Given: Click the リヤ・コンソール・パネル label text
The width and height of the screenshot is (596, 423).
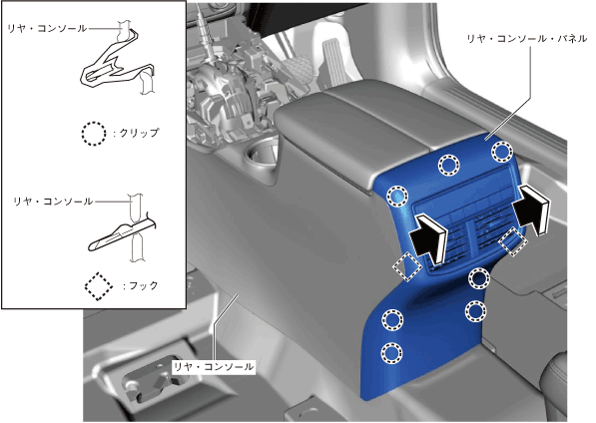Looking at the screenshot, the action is pyautogui.click(x=527, y=38).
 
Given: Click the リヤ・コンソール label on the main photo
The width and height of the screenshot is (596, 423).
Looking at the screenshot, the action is pyautogui.click(x=214, y=367).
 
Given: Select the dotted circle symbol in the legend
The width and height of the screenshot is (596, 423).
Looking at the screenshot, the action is pyautogui.click(x=94, y=134).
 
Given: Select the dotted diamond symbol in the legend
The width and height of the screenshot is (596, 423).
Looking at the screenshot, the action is pyautogui.click(x=99, y=286).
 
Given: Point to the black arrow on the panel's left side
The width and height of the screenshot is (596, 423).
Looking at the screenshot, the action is pyautogui.click(x=428, y=238).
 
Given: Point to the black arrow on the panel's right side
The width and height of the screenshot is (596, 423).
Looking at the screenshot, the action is pyautogui.click(x=531, y=210).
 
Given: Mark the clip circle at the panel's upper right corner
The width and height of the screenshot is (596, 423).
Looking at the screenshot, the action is pyautogui.click(x=502, y=151).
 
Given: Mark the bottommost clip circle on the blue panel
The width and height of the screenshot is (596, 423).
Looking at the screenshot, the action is pyautogui.click(x=392, y=353).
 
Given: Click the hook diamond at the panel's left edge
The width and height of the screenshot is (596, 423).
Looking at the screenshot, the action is pyautogui.click(x=407, y=267).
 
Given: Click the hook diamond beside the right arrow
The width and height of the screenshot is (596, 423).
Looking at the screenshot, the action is pyautogui.click(x=513, y=241).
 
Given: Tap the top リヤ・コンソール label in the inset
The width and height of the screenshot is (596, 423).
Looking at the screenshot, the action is pyautogui.click(x=48, y=28).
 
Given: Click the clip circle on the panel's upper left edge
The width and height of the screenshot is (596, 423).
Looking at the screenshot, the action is pyautogui.click(x=397, y=197).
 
